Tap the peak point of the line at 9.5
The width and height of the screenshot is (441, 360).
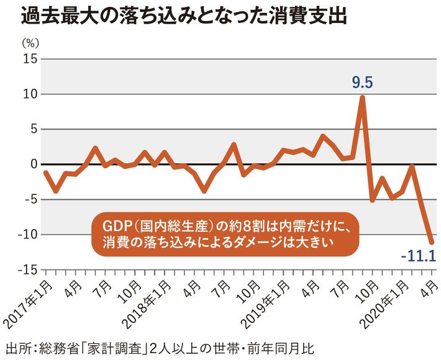[x=362, y=97]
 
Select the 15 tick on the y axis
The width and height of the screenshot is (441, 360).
[x=29, y=59]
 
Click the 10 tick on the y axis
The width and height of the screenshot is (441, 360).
[x=29, y=94]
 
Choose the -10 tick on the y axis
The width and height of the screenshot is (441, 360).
[x=27, y=235]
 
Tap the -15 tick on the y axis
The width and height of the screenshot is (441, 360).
[x=27, y=269]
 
